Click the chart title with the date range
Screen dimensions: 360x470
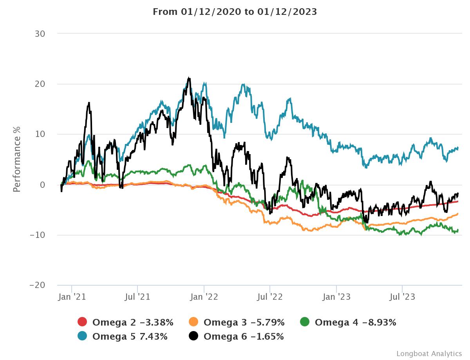click(x=235, y=12)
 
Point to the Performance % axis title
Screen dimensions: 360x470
click(x=16, y=159)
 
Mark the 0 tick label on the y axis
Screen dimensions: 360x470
click(x=43, y=185)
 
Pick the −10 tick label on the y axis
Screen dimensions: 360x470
click(x=38, y=235)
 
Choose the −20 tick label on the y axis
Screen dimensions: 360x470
click(x=38, y=285)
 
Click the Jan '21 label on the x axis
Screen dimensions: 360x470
click(x=72, y=297)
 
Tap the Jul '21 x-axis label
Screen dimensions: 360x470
click(x=137, y=297)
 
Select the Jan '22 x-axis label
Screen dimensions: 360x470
click(x=204, y=297)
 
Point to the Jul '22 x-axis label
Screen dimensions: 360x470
click(x=270, y=297)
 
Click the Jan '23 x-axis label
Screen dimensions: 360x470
click(x=336, y=297)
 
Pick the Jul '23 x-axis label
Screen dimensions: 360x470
click(x=402, y=297)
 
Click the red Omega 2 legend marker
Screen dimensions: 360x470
click(x=82, y=322)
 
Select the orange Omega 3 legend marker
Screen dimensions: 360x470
click(x=193, y=322)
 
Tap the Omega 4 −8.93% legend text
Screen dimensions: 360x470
click(x=355, y=322)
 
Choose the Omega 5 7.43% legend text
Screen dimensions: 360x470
click(x=130, y=336)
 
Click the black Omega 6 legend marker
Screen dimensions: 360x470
click(x=193, y=336)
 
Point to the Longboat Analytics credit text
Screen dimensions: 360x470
click(x=429, y=353)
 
